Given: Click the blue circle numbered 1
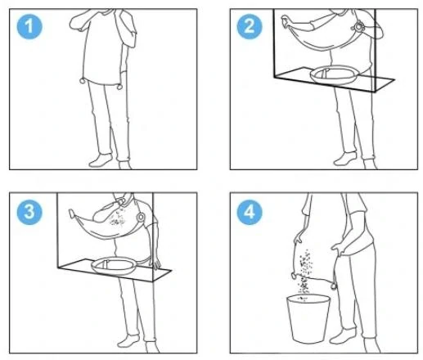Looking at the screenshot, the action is [x=29, y=26].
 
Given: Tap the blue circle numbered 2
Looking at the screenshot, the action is [x=250, y=26].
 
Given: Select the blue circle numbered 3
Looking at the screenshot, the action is [x=29, y=212].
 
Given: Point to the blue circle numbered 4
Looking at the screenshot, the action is [x=250, y=212].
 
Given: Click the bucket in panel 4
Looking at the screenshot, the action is [x=308, y=318].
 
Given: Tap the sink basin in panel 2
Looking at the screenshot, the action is [x=334, y=74].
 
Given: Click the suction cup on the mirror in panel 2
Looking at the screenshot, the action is [x=358, y=27].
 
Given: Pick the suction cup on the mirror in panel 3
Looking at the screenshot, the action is [x=141, y=218].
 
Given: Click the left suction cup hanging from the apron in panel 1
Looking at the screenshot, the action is [x=83, y=81].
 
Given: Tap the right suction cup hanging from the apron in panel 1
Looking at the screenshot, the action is [x=119, y=87].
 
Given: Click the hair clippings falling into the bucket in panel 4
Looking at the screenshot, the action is [x=305, y=272].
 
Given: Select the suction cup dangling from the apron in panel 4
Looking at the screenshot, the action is [x=333, y=286].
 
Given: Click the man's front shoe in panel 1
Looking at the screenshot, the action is [x=101, y=161].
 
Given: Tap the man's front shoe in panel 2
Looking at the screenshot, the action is [x=345, y=159].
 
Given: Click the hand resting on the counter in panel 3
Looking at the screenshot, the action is [x=155, y=263].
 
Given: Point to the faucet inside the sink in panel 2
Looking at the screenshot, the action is [x=325, y=73].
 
